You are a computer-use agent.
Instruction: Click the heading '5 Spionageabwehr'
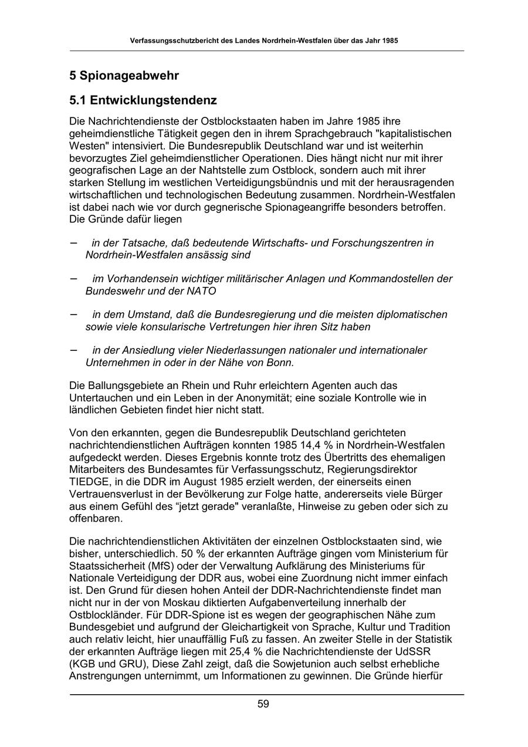(124, 76)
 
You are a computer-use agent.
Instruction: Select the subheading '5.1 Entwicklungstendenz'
(143, 100)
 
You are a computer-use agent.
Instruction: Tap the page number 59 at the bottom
(263, 704)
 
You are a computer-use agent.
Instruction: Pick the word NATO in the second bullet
(201, 291)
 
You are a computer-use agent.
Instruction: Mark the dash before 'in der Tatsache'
(73, 242)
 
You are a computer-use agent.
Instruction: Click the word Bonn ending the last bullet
(280, 363)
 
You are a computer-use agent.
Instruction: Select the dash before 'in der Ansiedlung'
(73, 350)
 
